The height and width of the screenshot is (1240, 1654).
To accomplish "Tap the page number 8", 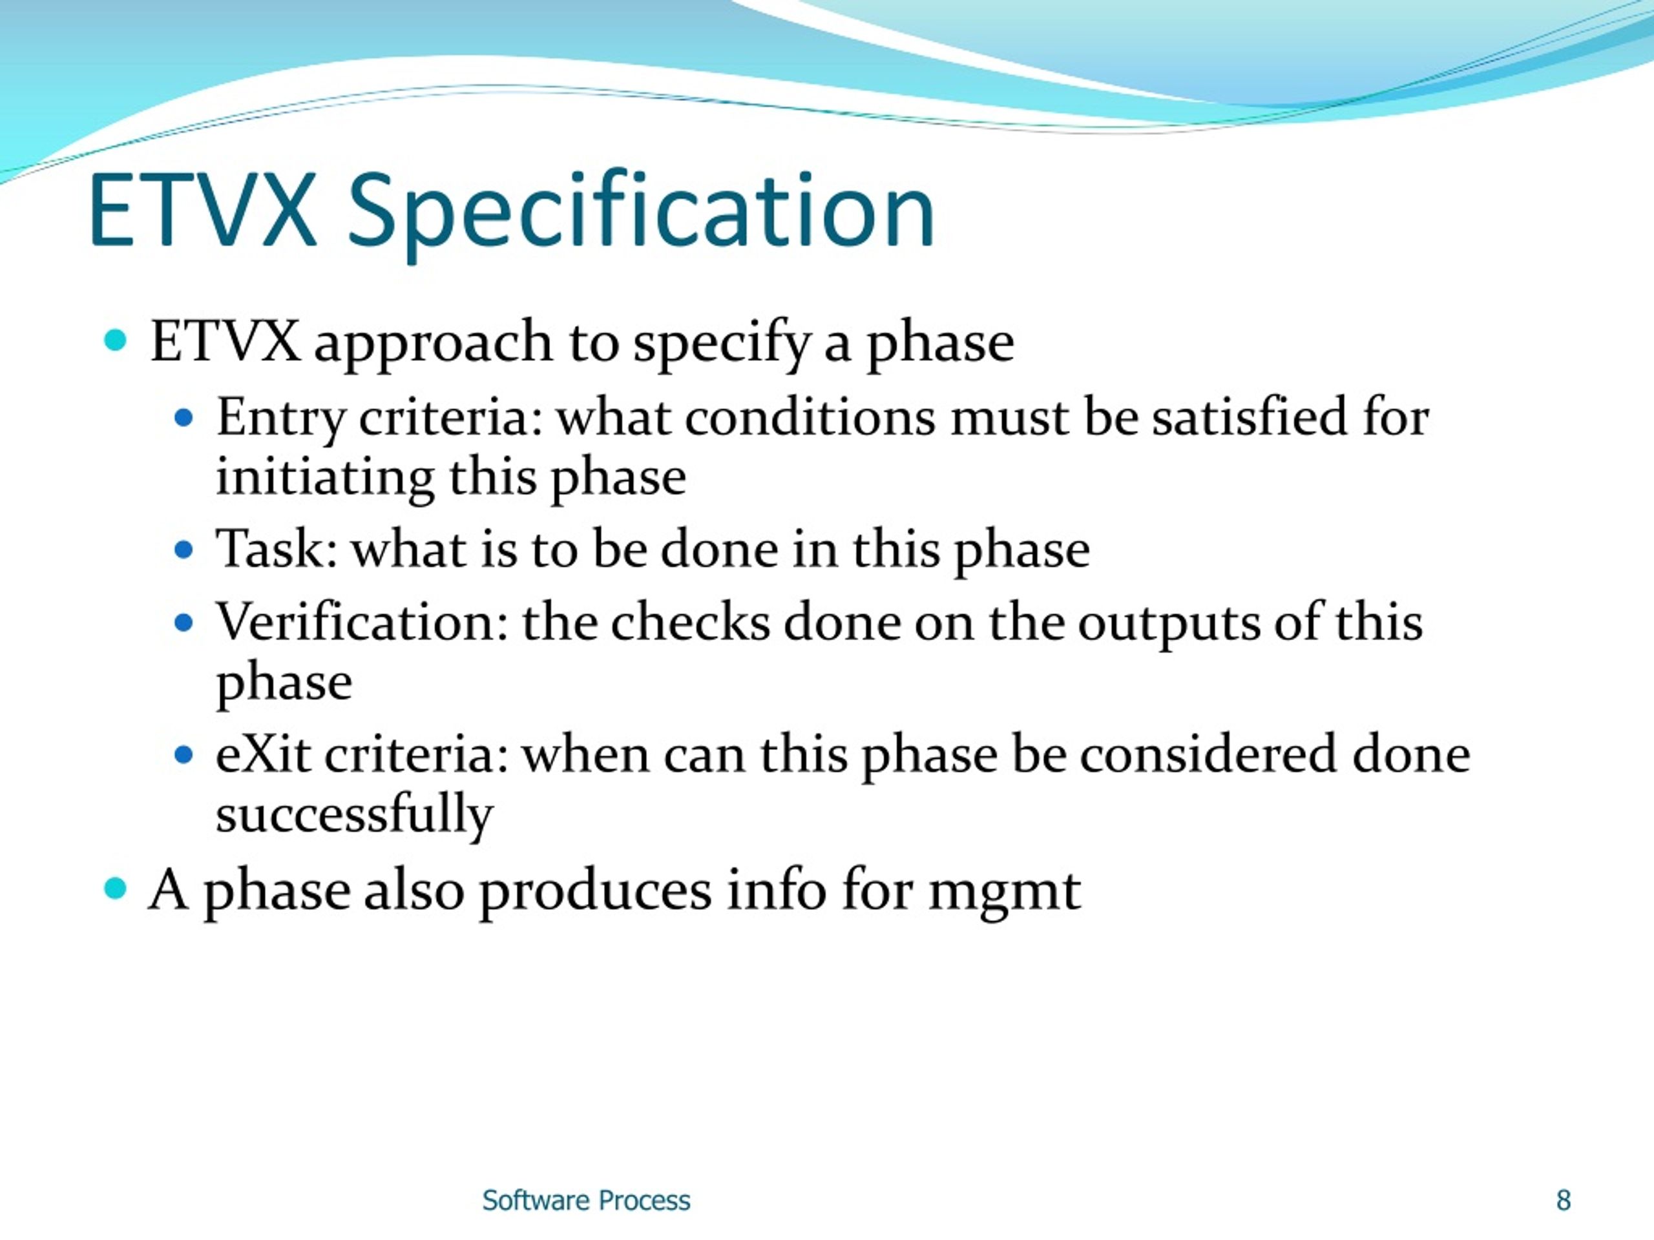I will (1563, 1201).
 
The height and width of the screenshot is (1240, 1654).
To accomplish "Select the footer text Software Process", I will (585, 1201).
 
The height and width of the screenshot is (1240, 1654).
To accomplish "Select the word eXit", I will (262, 754).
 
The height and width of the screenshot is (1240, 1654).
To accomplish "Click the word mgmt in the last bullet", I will (1004, 893).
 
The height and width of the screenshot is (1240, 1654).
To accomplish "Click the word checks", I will (690, 622).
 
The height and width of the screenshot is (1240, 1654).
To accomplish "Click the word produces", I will (595, 893).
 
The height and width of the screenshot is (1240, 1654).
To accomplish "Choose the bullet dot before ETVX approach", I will (115, 341).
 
